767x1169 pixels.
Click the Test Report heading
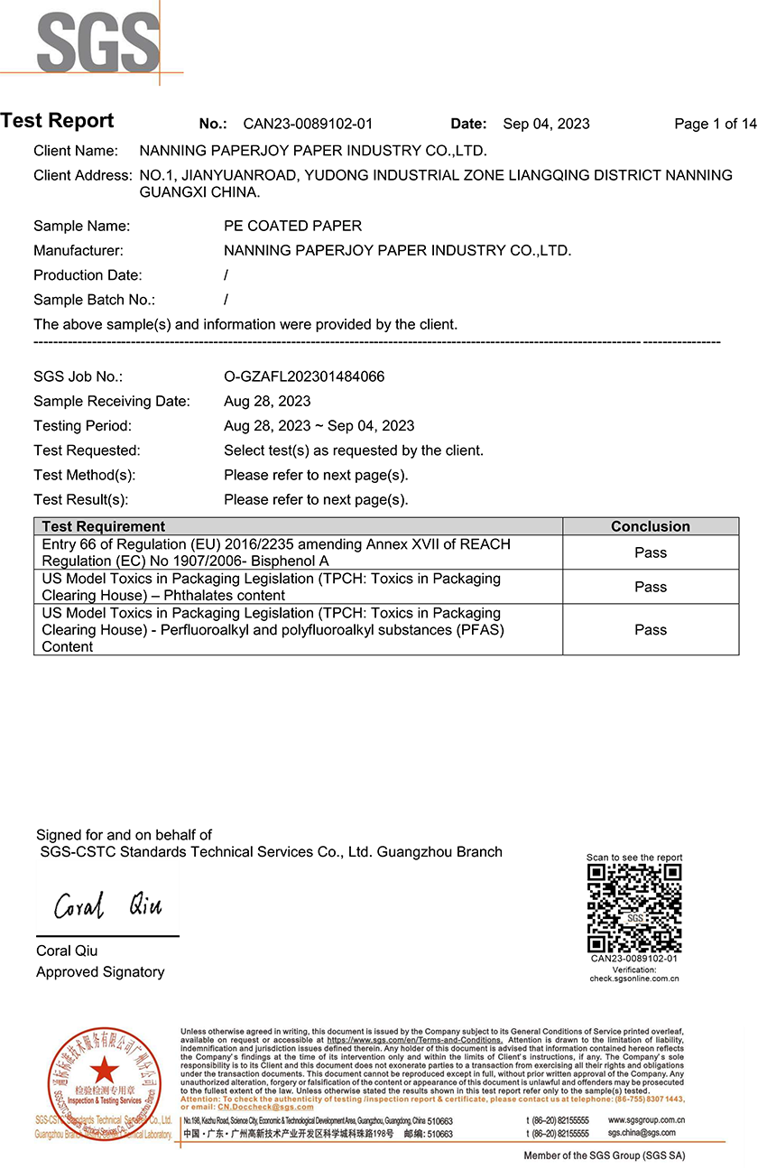pos(58,121)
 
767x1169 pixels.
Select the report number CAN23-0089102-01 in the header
pos(308,125)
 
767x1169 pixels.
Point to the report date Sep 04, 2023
pos(546,125)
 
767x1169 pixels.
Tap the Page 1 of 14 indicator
pos(716,125)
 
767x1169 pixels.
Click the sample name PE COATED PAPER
pos(292,226)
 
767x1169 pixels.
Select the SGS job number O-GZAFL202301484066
pos(304,376)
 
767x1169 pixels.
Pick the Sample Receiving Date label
pos(112,401)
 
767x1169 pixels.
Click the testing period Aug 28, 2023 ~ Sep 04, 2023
pos(319,425)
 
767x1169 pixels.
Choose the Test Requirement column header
pos(104,526)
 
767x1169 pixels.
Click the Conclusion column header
pos(650,526)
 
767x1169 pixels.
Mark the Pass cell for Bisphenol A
pos(650,552)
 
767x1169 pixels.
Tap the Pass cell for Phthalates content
pos(650,587)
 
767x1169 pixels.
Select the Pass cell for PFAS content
pos(650,629)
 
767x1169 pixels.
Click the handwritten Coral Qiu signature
pos(108,905)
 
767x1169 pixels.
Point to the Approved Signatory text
pos(100,971)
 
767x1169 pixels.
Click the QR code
pos(634,907)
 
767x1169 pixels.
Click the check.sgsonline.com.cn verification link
pos(634,979)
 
